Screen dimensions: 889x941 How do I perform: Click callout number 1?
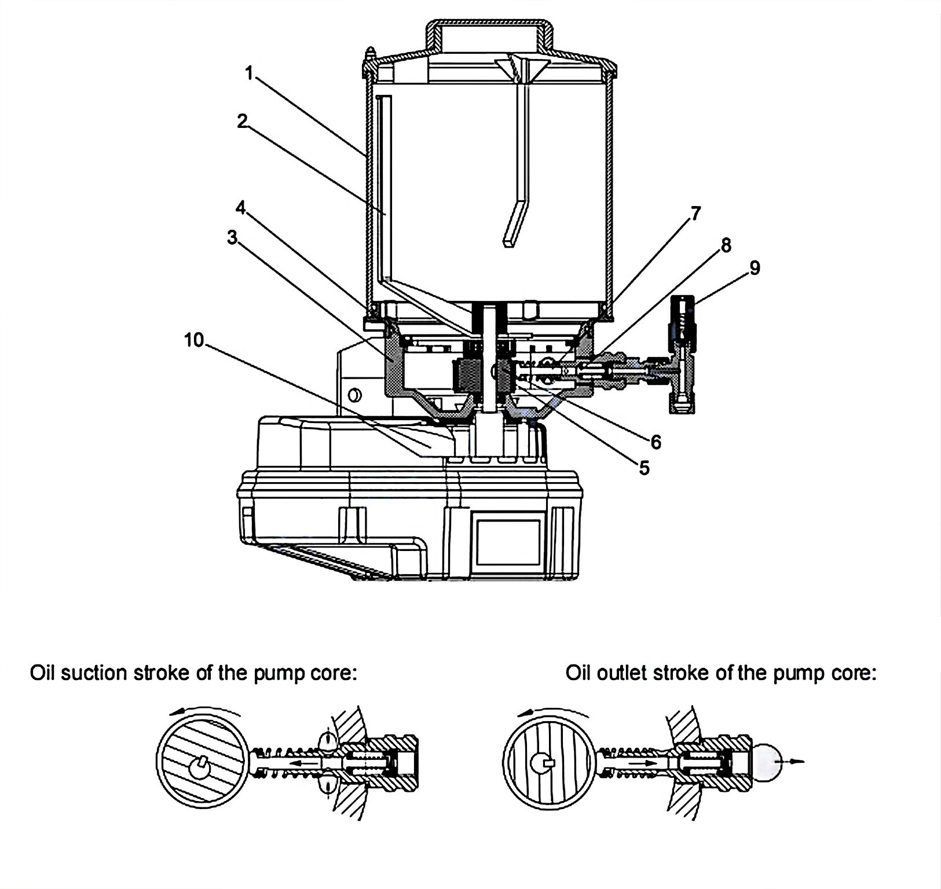pyautogui.click(x=249, y=74)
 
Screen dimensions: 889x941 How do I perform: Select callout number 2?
pyautogui.click(x=242, y=121)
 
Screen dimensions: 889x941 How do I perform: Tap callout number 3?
pyautogui.click(x=232, y=237)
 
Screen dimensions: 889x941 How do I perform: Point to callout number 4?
pyautogui.click(x=241, y=207)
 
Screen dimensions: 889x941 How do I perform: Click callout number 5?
pyautogui.click(x=644, y=468)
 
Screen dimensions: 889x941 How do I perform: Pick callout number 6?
pyautogui.click(x=656, y=442)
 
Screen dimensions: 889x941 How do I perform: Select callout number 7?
pyautogui.click(x=695, y=214)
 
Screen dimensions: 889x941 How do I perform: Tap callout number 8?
pyautogui.click(x=726, y=245)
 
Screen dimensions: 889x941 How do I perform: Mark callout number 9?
pyautogui.click(x=755, y=267)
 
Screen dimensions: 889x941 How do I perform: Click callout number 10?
pyautogui.click(x=194, y=340)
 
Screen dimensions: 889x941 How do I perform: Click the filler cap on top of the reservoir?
pyautogui.click(x=489, y=36)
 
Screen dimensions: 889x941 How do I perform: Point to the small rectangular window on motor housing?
pyautogui.click(x=508, y=542)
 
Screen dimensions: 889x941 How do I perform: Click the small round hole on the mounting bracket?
pyautogui.click(x=354, y=396)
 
